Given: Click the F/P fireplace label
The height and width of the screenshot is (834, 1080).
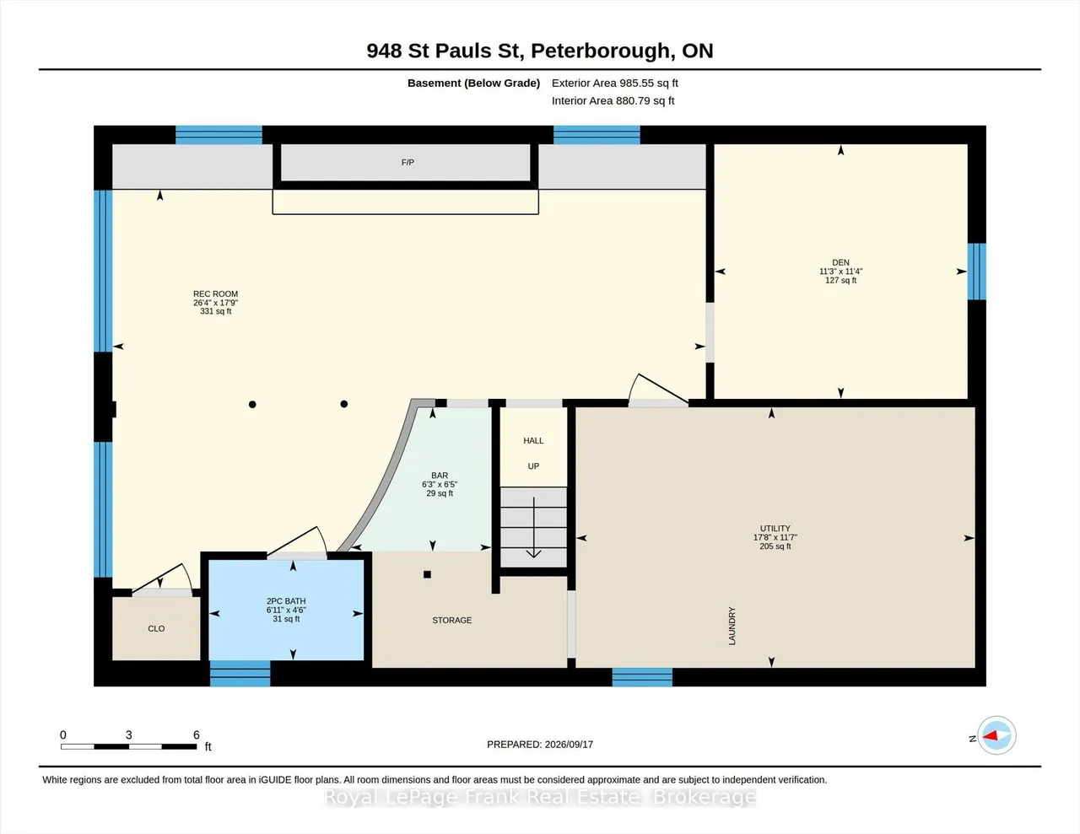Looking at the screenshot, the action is pos(408,163).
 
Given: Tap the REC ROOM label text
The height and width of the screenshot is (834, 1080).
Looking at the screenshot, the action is pos(216,294).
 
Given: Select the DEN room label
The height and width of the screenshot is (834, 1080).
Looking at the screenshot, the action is pos(840,262).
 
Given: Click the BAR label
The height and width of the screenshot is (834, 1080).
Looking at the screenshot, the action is pos(440,476).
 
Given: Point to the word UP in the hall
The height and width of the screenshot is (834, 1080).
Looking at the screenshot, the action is pos(533,466).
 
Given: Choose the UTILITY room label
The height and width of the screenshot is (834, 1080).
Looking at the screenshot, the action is pos(775,529).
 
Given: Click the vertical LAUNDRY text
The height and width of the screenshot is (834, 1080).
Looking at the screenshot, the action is pos(732,626).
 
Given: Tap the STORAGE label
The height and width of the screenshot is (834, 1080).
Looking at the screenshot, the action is pos(451,620).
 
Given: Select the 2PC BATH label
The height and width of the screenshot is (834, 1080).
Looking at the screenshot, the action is pos(286,601).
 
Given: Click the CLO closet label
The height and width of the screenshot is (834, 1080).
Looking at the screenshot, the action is pos(156,628).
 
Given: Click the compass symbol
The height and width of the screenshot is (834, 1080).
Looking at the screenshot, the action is pos(996,735).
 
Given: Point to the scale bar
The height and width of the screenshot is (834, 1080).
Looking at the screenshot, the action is pos(129,746).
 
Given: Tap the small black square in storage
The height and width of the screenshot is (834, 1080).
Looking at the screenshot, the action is pos(427,574).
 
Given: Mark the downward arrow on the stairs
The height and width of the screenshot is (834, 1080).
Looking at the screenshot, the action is pos(534,527).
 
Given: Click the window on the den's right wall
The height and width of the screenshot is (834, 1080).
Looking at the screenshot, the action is pos(976,272).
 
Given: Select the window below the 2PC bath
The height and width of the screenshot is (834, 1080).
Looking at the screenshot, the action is pos(240,674).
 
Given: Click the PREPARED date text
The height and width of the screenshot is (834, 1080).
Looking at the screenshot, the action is pos(540,744).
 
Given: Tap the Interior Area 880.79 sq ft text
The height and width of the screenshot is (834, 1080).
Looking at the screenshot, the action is pos(613,101).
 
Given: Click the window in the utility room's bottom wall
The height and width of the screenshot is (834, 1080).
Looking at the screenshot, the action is pos(642,677).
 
